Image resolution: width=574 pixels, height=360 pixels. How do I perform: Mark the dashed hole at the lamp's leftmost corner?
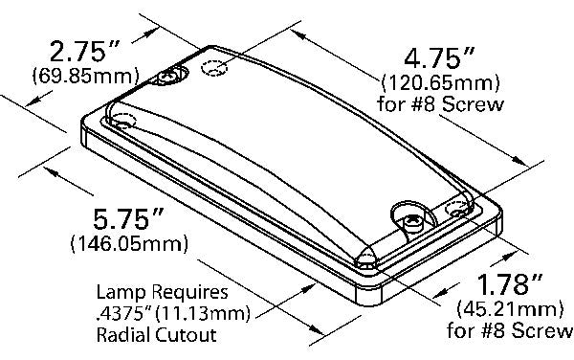pyautogui.click(x=124, y=122)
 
